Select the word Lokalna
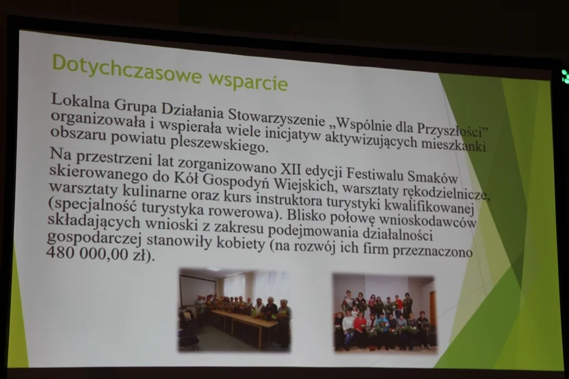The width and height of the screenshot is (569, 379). click(x=80, y=100)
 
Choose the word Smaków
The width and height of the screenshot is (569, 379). click(x=432, y=176)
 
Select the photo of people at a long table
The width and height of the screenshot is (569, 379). click(x=235, y=310)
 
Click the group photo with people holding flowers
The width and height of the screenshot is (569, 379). click(x=384, y=313)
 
